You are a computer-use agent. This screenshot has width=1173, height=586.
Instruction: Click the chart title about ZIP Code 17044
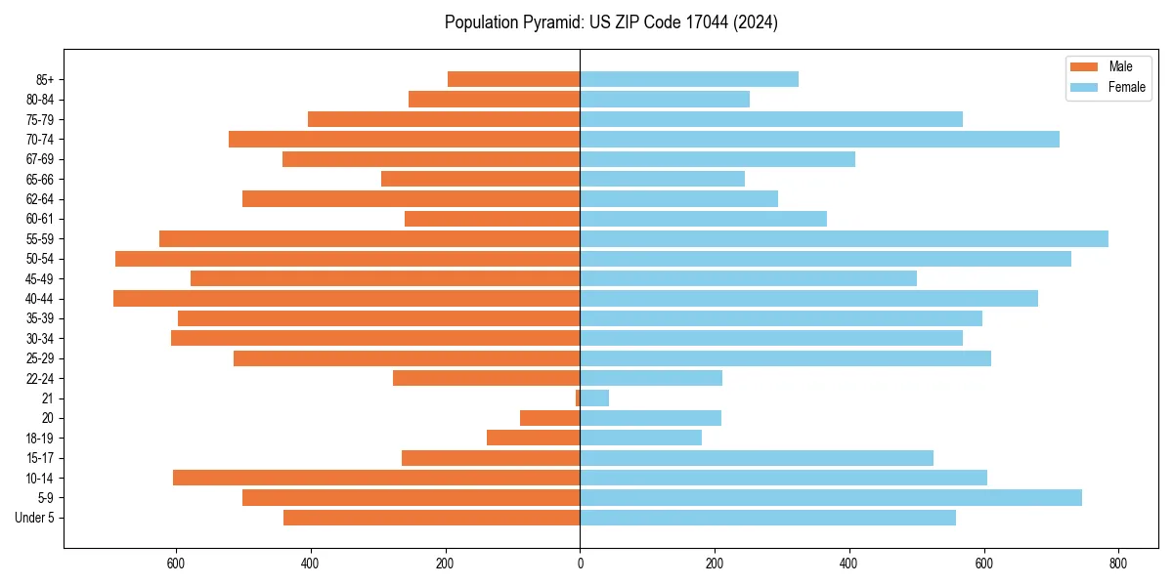click(611, 22)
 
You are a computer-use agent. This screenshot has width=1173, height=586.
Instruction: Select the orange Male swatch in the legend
click(1084, 66)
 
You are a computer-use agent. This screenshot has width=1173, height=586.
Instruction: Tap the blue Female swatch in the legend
click(1084, 87)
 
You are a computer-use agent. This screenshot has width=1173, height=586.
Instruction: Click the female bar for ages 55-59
click(844, 238)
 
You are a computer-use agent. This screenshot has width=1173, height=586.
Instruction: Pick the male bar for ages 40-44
click(347, 298)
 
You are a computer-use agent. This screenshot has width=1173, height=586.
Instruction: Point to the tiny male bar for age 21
click(578, 398)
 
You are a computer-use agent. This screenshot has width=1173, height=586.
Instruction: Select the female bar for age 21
click(594, 398)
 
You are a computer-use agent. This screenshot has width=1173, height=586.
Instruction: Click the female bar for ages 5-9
click(831, 497)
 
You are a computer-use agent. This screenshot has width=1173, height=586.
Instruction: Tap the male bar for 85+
click(514, 79)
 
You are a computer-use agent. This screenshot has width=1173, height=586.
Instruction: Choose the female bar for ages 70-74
click(819, 139)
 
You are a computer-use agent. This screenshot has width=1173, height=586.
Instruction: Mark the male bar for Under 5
click(432, 518)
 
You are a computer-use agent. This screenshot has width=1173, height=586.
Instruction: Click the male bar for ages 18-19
click(534, 438)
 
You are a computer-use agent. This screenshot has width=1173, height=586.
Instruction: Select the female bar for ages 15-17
click(757, 457)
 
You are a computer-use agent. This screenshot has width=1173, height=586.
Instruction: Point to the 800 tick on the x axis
click(1118, 564)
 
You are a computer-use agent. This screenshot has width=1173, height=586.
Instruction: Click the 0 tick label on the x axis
click(580, 564)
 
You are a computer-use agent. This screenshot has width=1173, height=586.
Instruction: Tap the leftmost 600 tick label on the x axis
click(176, 564)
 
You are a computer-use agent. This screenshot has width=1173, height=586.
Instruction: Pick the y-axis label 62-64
click(40, 198)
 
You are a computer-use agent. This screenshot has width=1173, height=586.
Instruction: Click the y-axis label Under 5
click(35, 518)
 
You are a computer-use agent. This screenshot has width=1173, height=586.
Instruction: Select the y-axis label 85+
click(44, 79)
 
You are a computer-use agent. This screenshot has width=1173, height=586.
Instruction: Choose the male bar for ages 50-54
click(347, 258)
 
